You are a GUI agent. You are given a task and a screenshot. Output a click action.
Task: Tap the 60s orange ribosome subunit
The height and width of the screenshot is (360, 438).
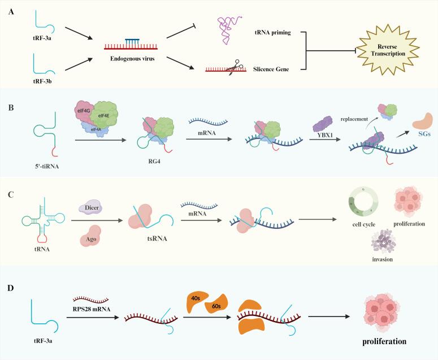(x=216, y=305)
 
